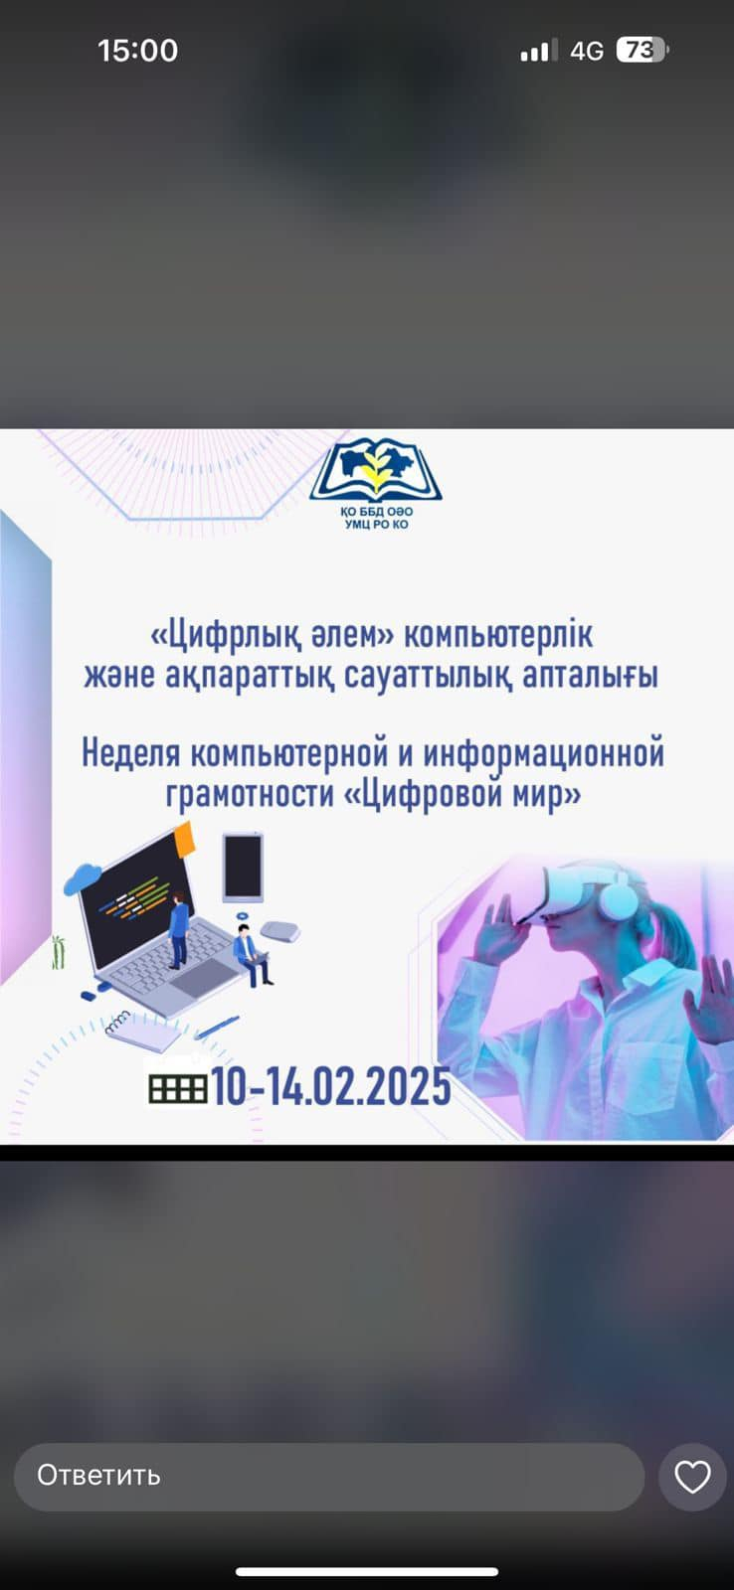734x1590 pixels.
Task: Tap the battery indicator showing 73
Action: (x=642, y=51)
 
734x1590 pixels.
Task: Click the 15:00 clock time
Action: (x=138, y=51)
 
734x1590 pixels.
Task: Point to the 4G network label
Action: (x=586, y=51)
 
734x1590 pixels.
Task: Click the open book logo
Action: (x=376, y=469)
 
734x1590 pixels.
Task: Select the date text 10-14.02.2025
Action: (x=331, y=1086)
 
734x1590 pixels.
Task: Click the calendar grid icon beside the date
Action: (x=178, y=1088)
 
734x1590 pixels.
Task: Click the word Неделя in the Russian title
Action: (x=130, y=754)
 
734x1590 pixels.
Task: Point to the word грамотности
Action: (x=250, y=794)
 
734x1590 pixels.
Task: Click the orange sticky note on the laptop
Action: (x=184, y=839)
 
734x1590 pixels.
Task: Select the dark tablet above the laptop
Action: (x=243, y=868)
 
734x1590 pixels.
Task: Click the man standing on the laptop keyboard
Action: (x=178, y=930)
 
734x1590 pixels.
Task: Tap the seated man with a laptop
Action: (x=253, y=955)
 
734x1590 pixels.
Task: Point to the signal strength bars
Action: (x=534, y=51)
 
